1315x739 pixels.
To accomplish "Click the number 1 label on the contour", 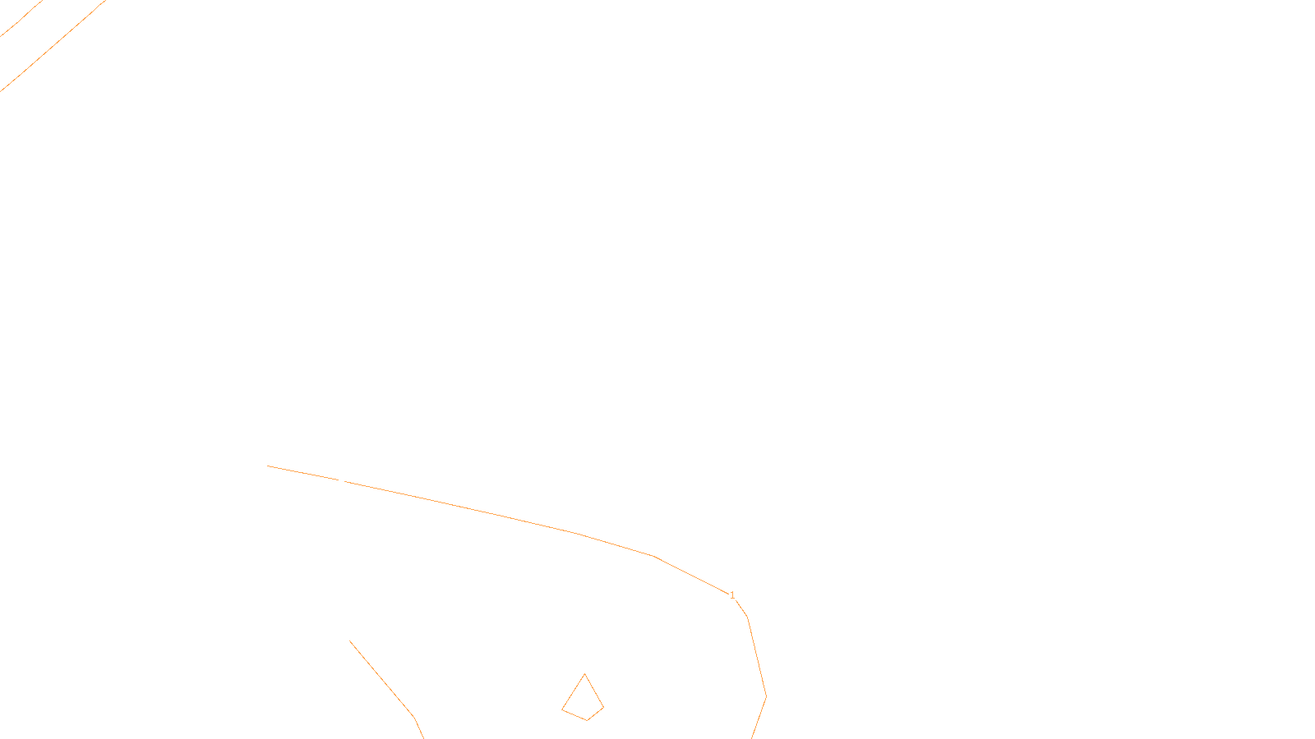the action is pos(732,595).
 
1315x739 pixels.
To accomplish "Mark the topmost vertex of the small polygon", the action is pos(584,674).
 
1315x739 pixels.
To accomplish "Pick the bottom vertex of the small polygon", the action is pos(588,720).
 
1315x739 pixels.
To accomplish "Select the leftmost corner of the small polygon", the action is pos(562,709).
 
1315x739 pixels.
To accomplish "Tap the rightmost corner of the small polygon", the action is pos(603,707).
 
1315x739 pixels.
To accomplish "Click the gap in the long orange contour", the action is pos(342,480).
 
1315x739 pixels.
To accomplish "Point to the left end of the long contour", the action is pos(268,466).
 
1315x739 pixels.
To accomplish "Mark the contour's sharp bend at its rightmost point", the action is pos(766,696).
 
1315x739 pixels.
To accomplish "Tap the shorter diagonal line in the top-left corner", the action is pos(21,19).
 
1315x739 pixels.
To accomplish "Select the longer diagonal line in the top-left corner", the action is pos(53,45).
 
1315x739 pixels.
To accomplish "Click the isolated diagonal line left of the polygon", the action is pos(382,679).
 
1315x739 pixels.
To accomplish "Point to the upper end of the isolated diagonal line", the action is pos(350,641).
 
